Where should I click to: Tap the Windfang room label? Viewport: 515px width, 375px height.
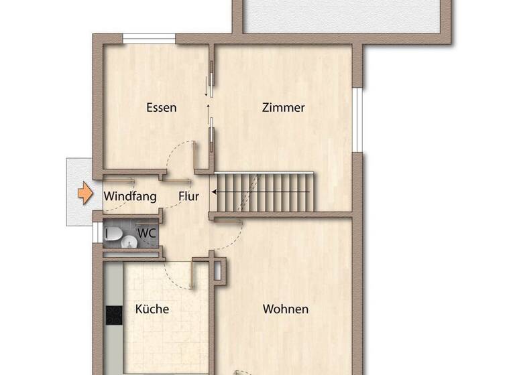130,197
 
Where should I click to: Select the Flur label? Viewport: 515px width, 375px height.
189,197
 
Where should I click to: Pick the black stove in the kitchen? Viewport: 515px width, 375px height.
113,314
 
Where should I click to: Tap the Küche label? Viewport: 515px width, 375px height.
152,309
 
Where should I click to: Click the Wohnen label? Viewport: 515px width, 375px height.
286,309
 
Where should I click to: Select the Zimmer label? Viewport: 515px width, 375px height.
284,107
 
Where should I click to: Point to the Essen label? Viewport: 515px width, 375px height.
161,107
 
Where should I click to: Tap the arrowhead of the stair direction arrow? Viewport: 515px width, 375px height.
215,192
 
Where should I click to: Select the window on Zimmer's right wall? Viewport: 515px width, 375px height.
358,120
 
